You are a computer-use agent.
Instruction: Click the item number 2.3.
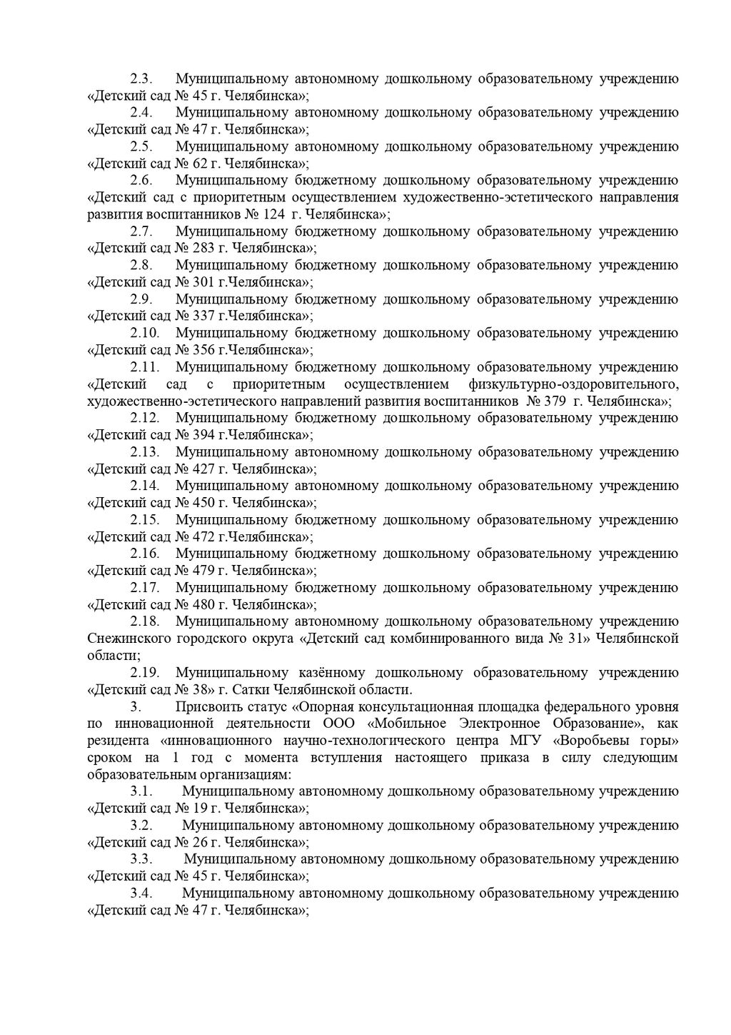pos(141,79)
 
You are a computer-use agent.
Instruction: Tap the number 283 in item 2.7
pos(203,249)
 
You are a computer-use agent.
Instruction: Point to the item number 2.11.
pos(145,368)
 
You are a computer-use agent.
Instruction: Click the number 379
pos(555,401)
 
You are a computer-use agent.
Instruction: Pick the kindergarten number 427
pos(203,469)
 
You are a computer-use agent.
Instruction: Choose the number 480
pos(203,605)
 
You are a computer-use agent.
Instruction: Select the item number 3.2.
pos(141,826)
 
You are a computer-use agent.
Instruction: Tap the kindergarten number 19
pos(199,809)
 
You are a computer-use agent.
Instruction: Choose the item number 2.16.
pos(145,554)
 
